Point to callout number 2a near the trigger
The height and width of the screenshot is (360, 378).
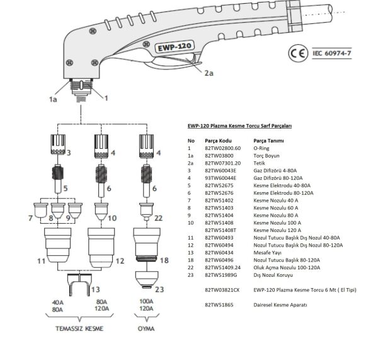tap(209, 73)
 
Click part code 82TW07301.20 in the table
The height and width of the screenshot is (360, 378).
tap(224, 162)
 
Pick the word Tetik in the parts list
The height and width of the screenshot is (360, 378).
tap(260, 162)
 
